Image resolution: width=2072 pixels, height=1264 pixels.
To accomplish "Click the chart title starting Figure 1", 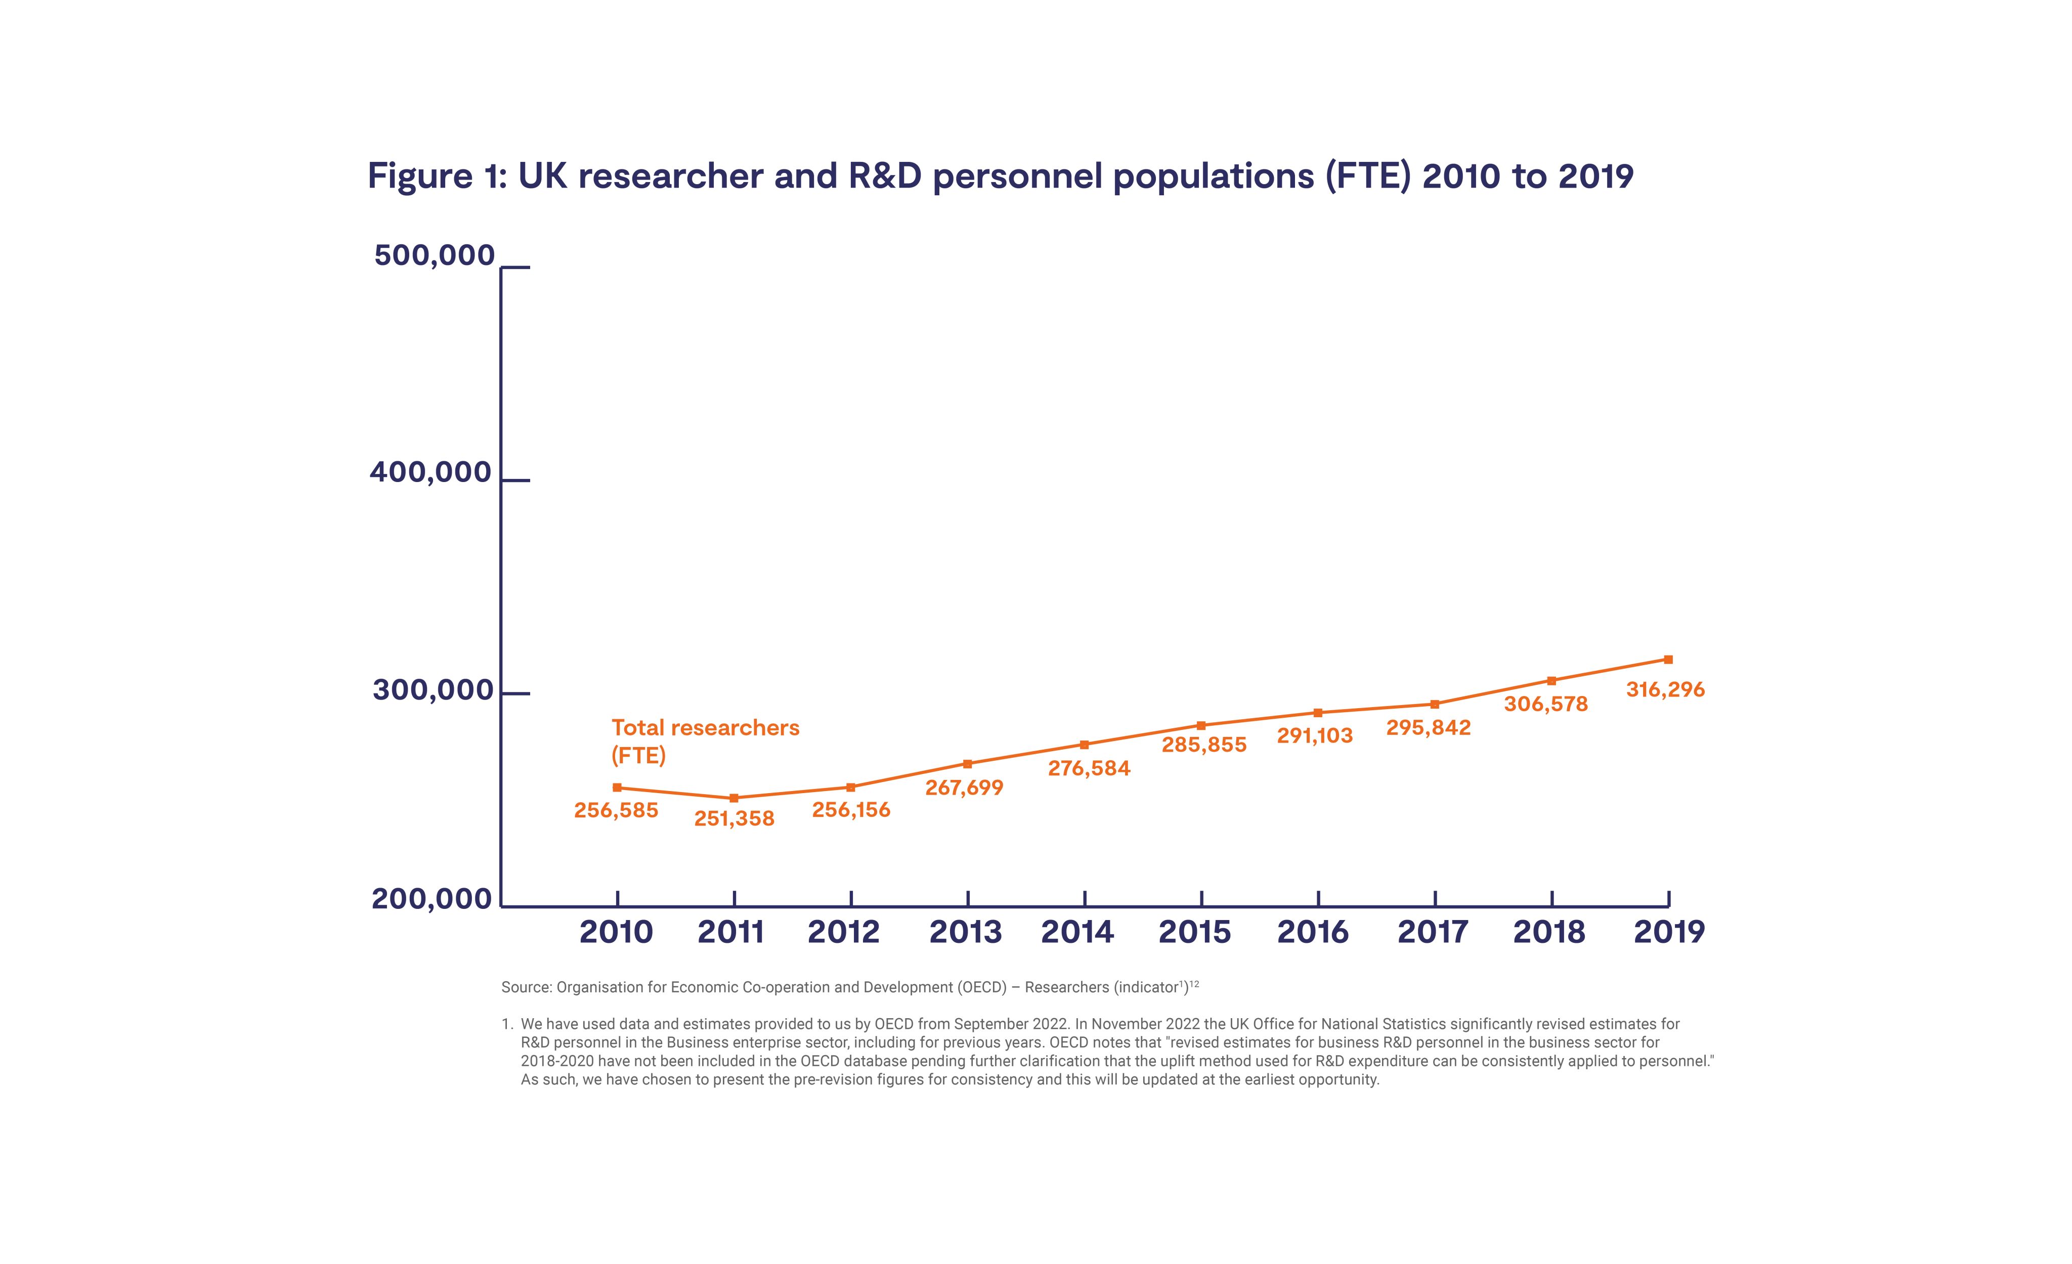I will [x=1000, y=176].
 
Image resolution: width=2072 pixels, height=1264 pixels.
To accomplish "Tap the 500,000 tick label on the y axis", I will [x=434, y=255].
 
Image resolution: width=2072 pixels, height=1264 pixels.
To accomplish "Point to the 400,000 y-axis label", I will [x=430, y=472].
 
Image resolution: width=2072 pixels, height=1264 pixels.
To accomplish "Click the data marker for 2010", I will [x=617, y=788].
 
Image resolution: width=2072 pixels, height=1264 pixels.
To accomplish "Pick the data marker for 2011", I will [x=734, y=798].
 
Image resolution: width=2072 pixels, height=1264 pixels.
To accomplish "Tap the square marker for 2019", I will [x=1668, y=660].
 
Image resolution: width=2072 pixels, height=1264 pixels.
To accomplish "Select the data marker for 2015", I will [x=1201, y=725].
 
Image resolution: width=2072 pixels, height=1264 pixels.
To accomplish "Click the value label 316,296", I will [x=1665, y=689].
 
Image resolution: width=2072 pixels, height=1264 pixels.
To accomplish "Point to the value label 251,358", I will [x=734, y=819].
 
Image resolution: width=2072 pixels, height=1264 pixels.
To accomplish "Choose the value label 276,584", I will [x=1089, y=768].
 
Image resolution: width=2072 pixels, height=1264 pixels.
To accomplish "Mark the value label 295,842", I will [x=1429, y=727].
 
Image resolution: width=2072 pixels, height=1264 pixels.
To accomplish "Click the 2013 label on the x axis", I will [x=965, y=932].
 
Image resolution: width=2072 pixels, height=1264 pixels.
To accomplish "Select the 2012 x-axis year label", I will [x=843, y=932].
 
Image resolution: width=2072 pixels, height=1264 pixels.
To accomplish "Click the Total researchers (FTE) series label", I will [x=705, y=741].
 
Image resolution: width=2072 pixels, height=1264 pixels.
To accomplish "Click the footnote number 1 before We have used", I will [x=506, y=1024].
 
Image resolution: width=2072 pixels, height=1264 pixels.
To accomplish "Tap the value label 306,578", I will [x=1545, y=704].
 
